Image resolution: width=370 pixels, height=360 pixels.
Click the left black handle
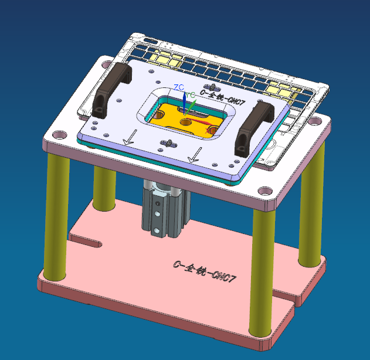tap(112, 87)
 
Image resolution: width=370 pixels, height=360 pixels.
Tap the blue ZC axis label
tap(178, 87)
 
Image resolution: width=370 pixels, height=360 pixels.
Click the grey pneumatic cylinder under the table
tap(164, 208)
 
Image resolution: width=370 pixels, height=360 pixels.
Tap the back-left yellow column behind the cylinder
tap(104, 188)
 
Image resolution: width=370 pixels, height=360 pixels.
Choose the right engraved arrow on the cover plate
tap(195, 156)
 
